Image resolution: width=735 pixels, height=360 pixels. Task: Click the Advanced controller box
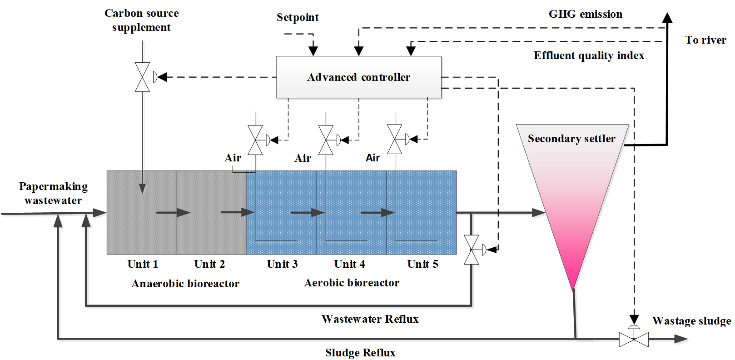(x=358, y=77)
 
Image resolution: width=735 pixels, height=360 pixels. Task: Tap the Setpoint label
(x=298, y=18)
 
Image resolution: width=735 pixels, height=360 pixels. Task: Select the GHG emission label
(x=585, y=15)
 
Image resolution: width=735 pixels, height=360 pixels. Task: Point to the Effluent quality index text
(x=589, y=56)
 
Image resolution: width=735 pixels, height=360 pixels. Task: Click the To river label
(x=705, y=40)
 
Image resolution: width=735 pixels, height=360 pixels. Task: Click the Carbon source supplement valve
(x=143, y=77)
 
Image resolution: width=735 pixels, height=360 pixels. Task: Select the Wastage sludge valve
(x=634, y=339)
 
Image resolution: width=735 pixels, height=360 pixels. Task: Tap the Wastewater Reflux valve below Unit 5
(x=472, y=250)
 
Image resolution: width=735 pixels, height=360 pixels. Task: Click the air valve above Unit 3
(x=255, y=140)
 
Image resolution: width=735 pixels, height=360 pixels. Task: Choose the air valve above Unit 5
(x=395, y=139)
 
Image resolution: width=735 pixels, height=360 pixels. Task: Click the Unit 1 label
(x=143, y=264)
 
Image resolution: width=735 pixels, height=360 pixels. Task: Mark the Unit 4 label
(x=349, y=264)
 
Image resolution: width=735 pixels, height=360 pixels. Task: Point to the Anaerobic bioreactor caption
(x=185, y=284)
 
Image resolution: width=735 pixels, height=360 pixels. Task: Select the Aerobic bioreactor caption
(x=352, y=283)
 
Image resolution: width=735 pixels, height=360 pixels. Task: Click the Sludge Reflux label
(x=360, y=353)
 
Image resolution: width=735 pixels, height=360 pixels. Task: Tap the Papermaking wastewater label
(x=53, y=193)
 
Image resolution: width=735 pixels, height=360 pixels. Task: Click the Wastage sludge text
(x=691, y=321)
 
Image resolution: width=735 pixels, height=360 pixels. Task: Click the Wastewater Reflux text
(x=370, y=319)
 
